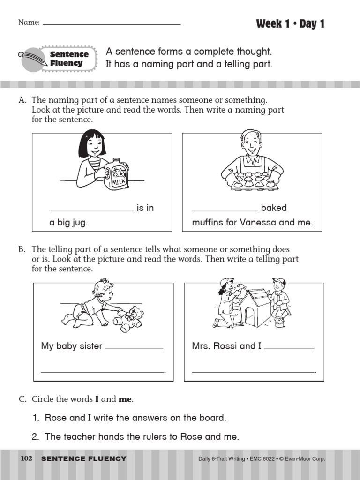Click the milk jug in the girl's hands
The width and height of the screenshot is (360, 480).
[x=116, y=175]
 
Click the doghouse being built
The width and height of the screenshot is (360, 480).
[x=255, y=307]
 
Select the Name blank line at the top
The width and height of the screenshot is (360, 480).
[x=112, y=24]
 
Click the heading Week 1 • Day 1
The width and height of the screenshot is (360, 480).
[x=290, y=24]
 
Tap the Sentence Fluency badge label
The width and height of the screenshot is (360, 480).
[x=69, y=59]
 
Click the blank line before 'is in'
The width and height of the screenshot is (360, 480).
[x=91, y=211]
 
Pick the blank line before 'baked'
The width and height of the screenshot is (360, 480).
[x=225, y=211]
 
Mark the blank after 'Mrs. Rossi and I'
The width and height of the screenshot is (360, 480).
[x=289, y=349]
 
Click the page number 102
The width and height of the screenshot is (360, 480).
[x=27, y=458]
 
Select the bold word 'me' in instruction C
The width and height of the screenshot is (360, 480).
[x=125, y=399]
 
